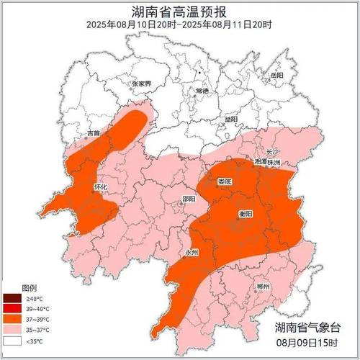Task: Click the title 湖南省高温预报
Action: (180, 12)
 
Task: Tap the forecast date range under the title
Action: (180, 24)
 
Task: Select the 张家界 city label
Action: (141, 84)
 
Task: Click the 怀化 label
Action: (101, 186)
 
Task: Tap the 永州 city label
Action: (191, 253)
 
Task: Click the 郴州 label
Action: (263, 287)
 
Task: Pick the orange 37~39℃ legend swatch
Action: (12, 319)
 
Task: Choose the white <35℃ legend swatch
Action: (12, 340)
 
